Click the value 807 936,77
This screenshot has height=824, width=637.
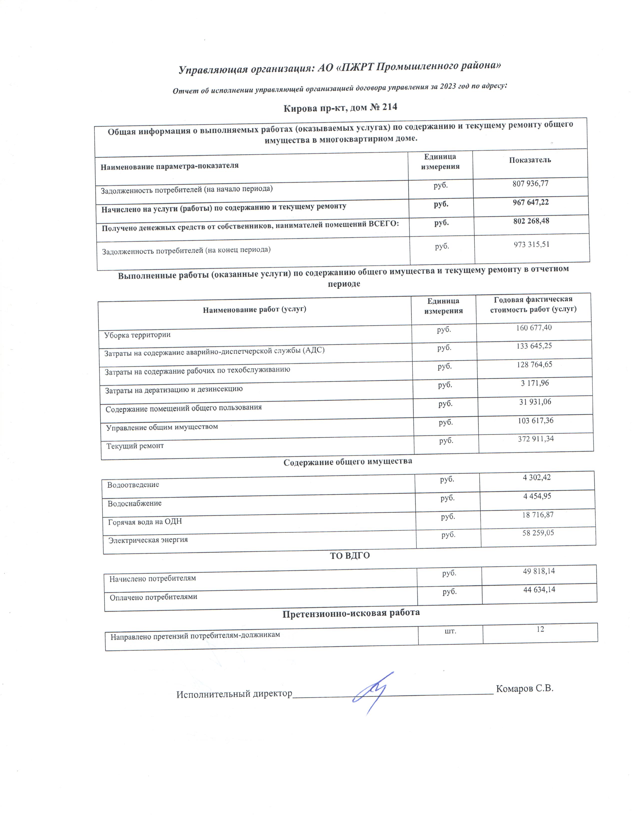coord(530,184)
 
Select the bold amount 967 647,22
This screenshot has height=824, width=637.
coord(531,203)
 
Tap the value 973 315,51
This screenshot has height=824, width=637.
coord(531,244)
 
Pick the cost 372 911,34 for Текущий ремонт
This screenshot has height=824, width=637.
coord(536,439)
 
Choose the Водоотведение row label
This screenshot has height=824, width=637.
coord(133,485)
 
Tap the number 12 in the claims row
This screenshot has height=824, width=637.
coord(540,629)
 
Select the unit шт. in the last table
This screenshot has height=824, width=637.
coord(451,630)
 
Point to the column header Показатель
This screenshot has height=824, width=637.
coord(530,160)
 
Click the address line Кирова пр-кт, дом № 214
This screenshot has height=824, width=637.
coord(340,108)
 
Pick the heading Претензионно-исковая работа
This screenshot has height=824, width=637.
coord(351,613)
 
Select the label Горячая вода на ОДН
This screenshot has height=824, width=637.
coord(145,522)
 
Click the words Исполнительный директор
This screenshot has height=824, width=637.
coord(234,694)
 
